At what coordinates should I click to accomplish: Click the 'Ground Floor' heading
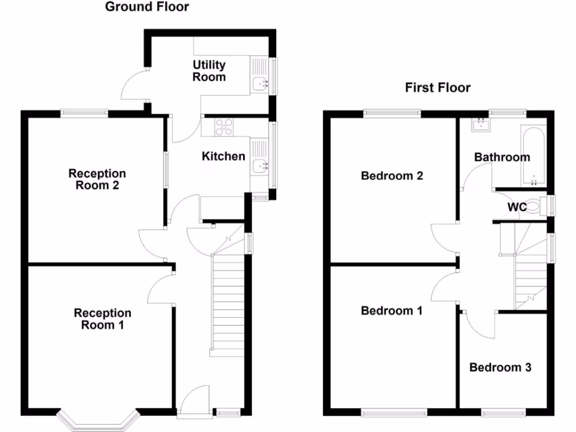coord(147,7)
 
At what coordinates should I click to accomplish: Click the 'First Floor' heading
coord(438,88)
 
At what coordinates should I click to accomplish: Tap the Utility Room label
coord(209,71)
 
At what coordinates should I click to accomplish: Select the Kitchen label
coord(223,156)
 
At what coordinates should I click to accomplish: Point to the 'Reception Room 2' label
coord(97,179)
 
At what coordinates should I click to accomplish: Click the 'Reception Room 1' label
coord(102,319)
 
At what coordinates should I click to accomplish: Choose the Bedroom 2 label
coord(391,176)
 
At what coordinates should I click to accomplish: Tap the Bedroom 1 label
coord(391,310)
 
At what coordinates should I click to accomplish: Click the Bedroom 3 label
coord(500,368)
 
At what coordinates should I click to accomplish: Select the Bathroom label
coord(502,157)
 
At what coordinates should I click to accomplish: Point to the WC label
coord(517,208)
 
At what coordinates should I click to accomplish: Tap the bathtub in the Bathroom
coord(533,155)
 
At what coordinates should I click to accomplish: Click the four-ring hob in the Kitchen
coord(224,128)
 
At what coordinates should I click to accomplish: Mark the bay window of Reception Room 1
coord(98,421)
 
